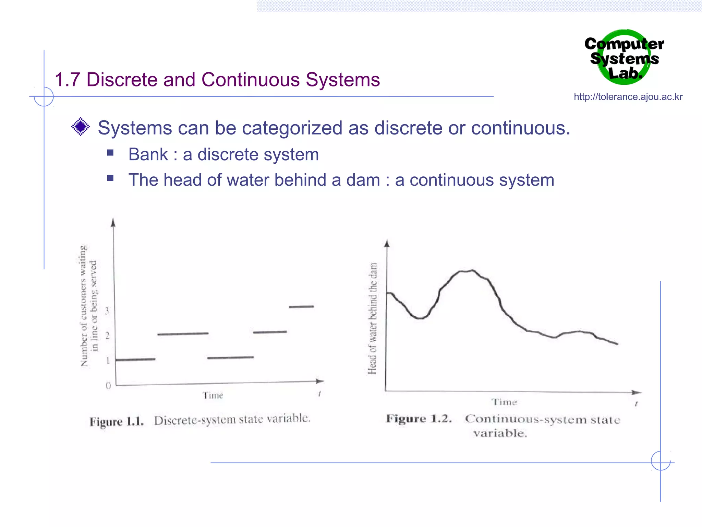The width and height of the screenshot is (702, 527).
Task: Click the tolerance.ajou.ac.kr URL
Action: click(x=628, y=97)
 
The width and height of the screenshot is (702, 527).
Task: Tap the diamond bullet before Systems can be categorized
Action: click(x=81, y=127)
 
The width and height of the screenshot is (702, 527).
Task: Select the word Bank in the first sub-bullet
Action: click(x=148, y=154)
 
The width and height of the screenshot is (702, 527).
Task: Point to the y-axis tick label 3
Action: click(x=107, y=311)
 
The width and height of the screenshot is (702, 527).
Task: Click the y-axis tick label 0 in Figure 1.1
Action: click(x=108, y=386)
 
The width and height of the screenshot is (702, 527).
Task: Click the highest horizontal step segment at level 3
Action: click(x=301, y=306)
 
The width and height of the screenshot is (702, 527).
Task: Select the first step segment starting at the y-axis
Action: click(x=135, y=359)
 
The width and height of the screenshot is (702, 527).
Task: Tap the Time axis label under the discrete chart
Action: click(x=213, y=395)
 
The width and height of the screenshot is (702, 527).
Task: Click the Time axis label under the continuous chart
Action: click(x=504, y=402)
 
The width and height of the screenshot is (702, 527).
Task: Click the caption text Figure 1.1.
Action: click(x=117, y=421)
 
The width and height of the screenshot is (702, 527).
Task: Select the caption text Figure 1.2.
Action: click(x=419, y=419)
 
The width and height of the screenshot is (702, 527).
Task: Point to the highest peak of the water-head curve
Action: click(x=472, y=270)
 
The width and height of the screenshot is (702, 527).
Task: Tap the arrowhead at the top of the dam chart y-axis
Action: click(x=387, y=244)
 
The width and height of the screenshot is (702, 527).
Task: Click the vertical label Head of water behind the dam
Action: click(x=373, y=318)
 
